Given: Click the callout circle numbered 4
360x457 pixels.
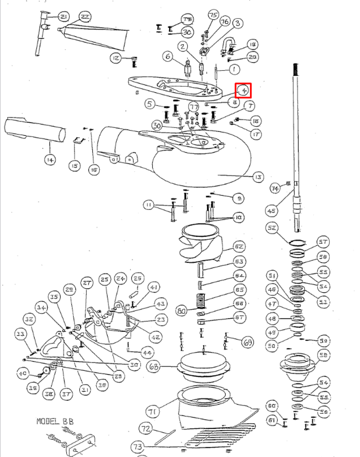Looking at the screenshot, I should (x=243, y=90).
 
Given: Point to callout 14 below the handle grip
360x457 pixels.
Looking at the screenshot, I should (x=50, y=159).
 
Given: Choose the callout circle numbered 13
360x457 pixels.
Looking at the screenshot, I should (x=257, y=177).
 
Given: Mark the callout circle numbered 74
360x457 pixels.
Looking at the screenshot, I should (x=275, y=188).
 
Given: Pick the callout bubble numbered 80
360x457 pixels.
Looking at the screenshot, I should (x=182, y=310).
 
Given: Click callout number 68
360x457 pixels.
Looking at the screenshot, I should (x=154, y=367).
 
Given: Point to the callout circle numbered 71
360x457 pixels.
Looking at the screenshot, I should (x=153, y=411).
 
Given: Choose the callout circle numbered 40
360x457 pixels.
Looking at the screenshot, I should (x=23, y=374).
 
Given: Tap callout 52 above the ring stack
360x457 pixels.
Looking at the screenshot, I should (x=272, y=228).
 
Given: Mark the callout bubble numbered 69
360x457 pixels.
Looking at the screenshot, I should (x=248, y=342).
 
